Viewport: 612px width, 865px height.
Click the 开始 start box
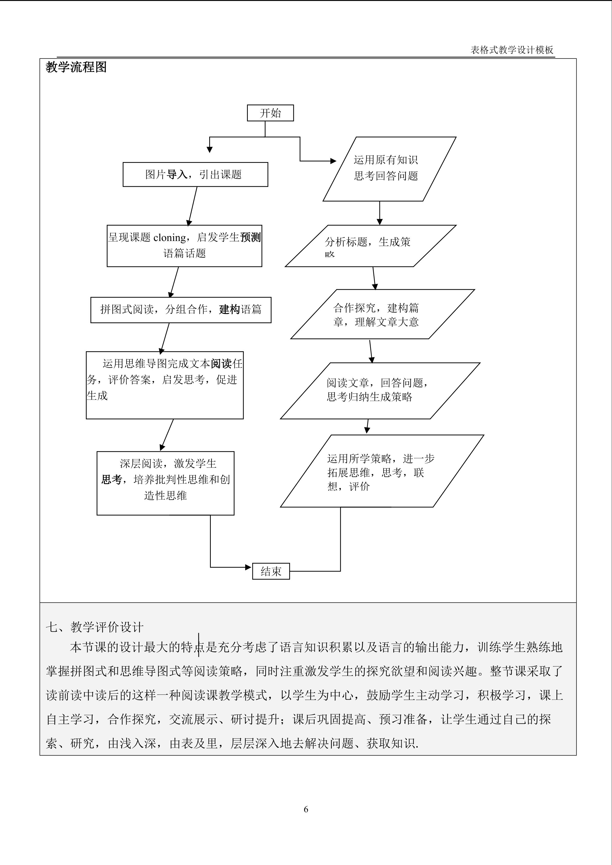(270, 113)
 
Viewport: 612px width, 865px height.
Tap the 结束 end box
(271, 571)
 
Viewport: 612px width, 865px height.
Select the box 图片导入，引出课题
(195, 174)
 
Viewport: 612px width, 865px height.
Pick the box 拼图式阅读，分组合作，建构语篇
(181, 310)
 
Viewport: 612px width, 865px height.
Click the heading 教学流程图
(76, 67)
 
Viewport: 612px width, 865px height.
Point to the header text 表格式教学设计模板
(512, 50)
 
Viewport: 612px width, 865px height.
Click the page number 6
(306, 809)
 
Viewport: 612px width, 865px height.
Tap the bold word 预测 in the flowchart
(251, 237)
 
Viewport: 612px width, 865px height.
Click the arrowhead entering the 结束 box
(248, 567)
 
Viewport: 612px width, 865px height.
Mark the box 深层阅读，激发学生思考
(166, 483)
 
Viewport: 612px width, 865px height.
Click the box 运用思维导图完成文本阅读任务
(165, 385)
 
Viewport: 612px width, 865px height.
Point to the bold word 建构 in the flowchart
(230, 310)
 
